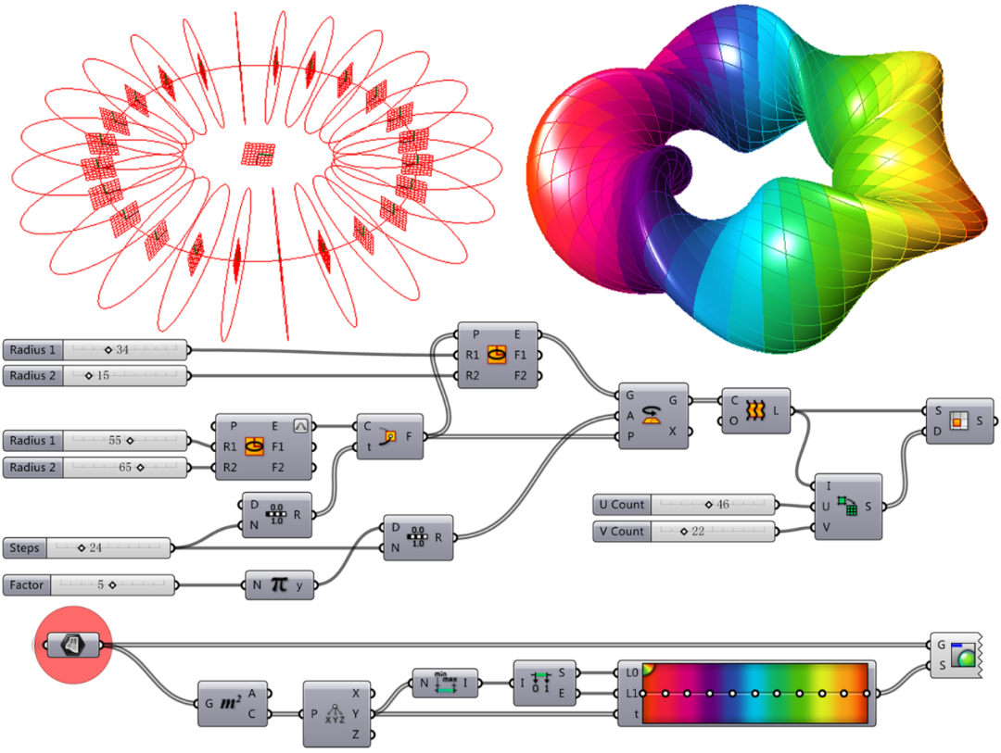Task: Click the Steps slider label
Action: (24, 548)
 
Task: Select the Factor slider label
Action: (27, 585)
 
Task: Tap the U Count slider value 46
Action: (723, 505)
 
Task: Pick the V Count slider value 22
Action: (698, 532)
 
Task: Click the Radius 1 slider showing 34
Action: (95, 350)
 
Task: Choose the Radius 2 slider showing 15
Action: (95, 376)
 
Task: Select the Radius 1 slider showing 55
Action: (95, 441)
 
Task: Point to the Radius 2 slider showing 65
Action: (95, 468)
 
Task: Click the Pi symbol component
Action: (280, 585)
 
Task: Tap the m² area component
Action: (233, 703)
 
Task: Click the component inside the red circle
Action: (73, 646)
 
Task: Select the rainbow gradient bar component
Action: (746, 693)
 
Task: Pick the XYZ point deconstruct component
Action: (336, 714)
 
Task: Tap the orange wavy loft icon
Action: (755, 410)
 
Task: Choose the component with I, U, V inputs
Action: (848, 507)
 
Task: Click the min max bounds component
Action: (445, 684)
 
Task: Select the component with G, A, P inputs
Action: (653, 416)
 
